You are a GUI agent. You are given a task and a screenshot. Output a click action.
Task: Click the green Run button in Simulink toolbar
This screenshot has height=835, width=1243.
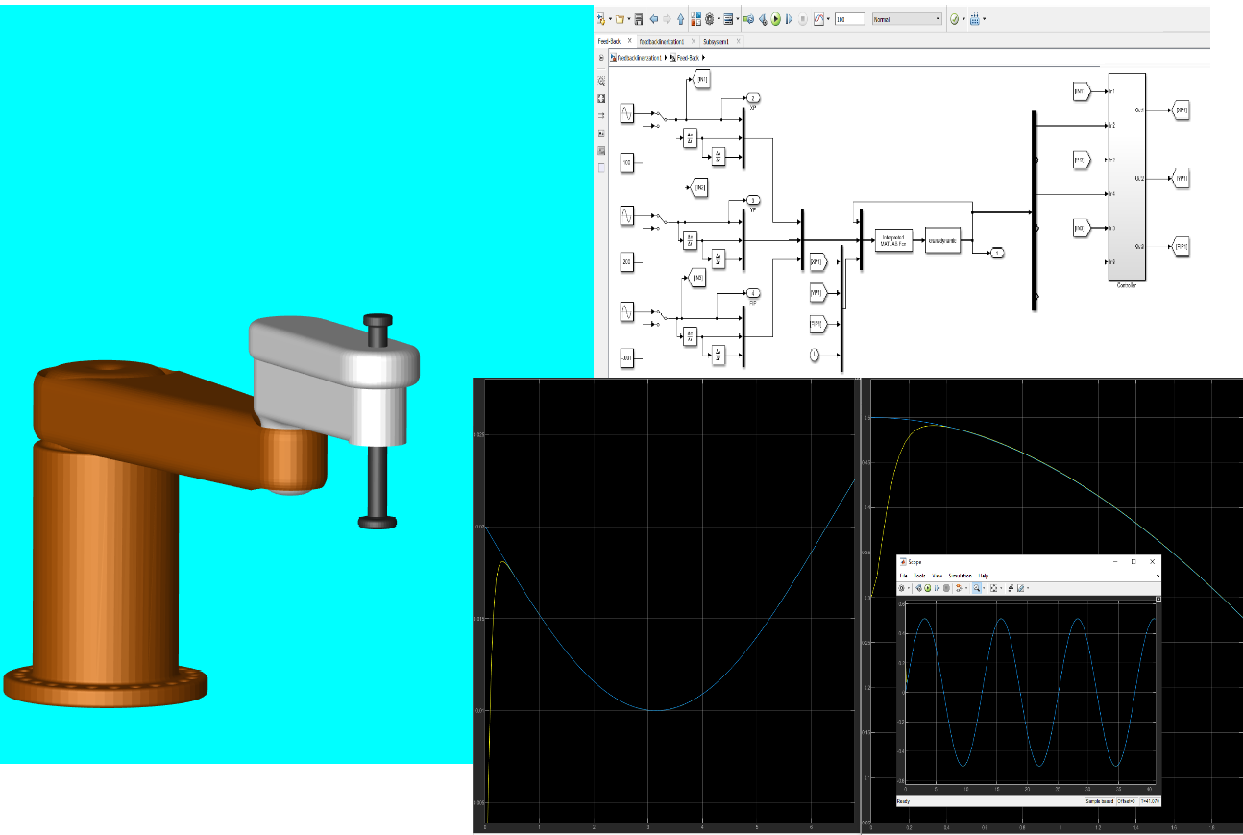click(775, 18)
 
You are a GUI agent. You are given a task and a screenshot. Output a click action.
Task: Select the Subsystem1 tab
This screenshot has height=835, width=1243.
click(715, 42)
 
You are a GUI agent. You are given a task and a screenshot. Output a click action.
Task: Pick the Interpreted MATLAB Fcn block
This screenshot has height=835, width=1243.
click(893, 240)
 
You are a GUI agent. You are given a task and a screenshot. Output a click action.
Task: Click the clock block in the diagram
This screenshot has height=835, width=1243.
click(815, 356)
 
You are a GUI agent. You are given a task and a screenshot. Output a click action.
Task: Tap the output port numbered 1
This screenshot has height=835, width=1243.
click(997, 253)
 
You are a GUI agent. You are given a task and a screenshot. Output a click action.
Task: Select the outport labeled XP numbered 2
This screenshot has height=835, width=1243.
click(753, 98)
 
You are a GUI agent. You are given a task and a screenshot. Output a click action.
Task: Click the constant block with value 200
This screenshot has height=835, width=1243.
click(627, 261)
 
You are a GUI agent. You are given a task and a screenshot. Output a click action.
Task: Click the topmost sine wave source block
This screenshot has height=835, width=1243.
click(627, 113)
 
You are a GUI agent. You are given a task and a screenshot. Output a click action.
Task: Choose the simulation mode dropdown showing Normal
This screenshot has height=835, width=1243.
click(907, 18)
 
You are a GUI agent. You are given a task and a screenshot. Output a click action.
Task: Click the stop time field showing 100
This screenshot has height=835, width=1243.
click(847, 18)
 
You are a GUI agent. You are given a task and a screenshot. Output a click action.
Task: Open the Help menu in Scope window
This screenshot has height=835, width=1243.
click(983, 575)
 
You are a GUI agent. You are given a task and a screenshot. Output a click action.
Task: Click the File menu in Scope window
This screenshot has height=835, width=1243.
click(903, 575)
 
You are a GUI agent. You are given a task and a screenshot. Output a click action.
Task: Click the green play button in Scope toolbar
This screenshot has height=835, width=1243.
click(928, 587)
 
